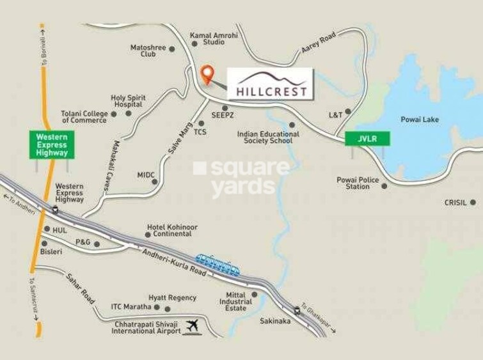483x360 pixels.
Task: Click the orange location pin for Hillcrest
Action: click(x=206, y=74)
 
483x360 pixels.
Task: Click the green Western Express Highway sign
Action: click(x=51, y=145)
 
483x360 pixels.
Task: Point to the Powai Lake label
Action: click(x=420, y=120)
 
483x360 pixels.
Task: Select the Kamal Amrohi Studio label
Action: click(x=214, y=38)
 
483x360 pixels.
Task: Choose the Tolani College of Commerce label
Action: click(x=84, y=116)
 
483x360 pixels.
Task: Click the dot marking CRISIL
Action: click(x=473, y=202)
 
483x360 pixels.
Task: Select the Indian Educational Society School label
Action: click(x=265, y=137)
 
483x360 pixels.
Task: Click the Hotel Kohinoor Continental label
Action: click(x=172, y=230)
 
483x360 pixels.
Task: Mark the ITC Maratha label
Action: click(x=131, y=306)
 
